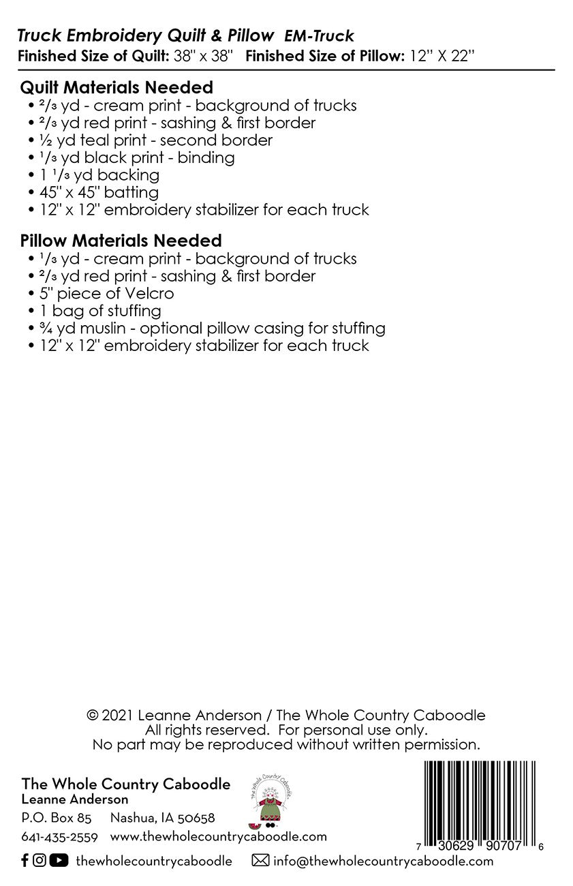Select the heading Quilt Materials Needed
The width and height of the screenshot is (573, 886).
click(117, 87)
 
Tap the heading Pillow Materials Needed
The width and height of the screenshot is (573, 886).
click(121, 241)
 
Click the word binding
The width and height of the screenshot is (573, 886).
click(206, 158)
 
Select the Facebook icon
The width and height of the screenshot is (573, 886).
click(25, 861)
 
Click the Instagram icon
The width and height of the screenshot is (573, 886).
click(40, 861)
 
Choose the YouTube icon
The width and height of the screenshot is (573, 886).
click(59, 861)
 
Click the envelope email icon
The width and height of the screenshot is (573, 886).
click(260, 861)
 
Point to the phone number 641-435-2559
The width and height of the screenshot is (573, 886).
click(60, 837)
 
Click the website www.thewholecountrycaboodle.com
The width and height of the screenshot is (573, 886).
click(218, 836)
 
